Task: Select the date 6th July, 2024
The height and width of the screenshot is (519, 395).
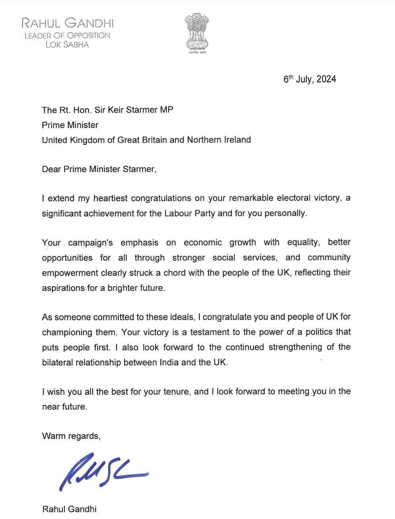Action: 310,79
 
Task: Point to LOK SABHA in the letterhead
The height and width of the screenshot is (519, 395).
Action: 67,44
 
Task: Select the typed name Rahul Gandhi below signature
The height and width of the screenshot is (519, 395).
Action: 69,509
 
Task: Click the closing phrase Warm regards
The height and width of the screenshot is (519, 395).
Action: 71,436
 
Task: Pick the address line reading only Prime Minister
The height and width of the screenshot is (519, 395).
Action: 70,125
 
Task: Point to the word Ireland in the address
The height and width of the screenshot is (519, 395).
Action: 237,140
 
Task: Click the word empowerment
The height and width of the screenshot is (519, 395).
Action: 70,273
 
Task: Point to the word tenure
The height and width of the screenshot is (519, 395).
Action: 177,392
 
